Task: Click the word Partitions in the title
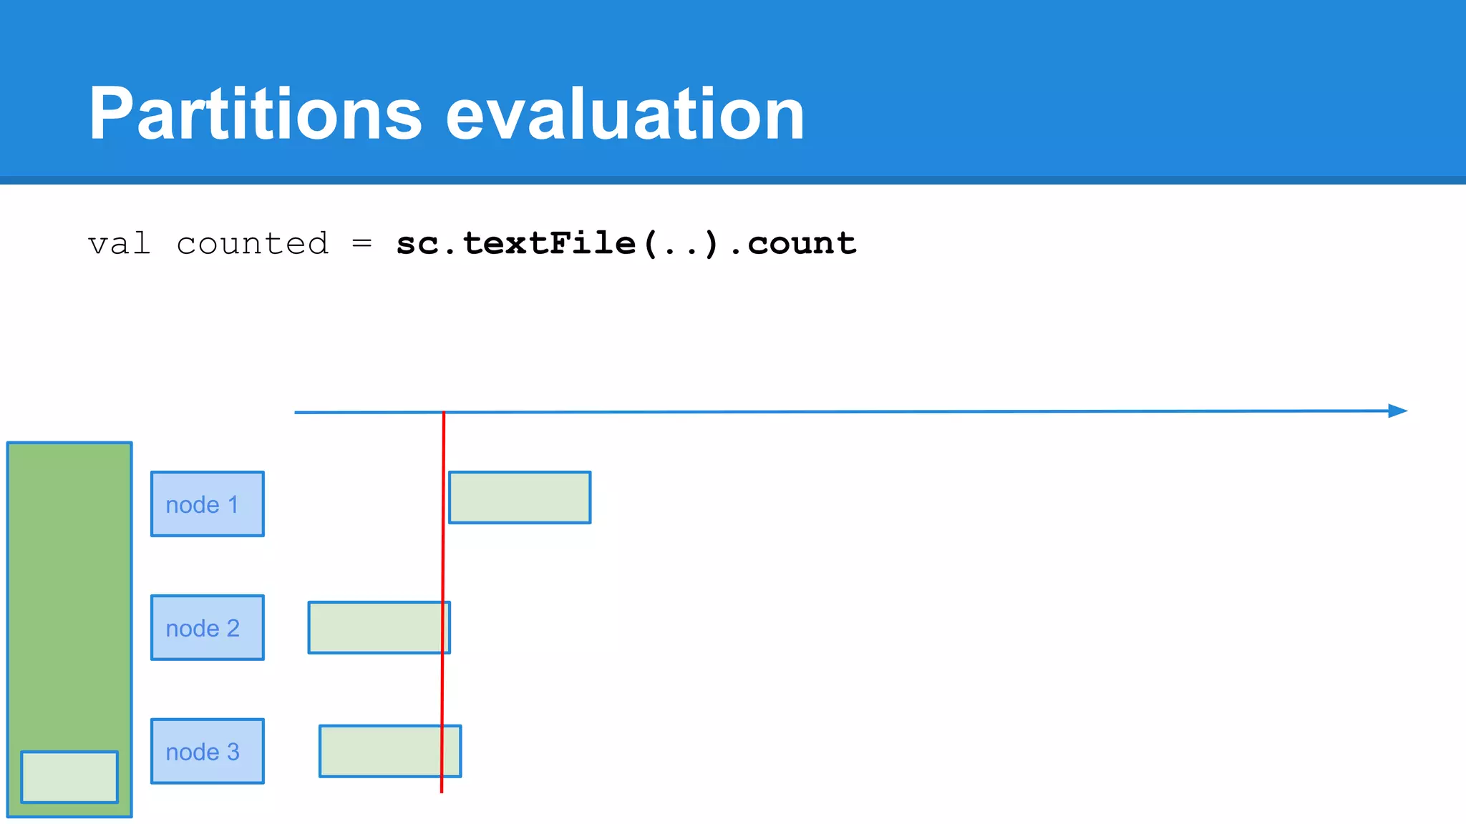(255, 114)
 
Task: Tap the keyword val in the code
(119, 244)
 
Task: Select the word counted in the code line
(252, 244)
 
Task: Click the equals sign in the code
(362, 244)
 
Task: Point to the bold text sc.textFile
(515, 244)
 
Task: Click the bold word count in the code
(802, 244)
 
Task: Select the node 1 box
(207, 504)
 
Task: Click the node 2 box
(207, 627)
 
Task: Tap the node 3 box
(207, 751)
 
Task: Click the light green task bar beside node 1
(520, 497)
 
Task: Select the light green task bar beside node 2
(377, 627)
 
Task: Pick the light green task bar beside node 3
(387, 751)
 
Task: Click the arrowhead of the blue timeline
(1397, 411)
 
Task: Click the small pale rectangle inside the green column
(69, 777)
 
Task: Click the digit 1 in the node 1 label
(233, 505)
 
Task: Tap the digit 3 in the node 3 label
(233, 752)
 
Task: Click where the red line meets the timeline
(444, 413)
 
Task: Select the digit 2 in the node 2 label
(233, 629)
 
